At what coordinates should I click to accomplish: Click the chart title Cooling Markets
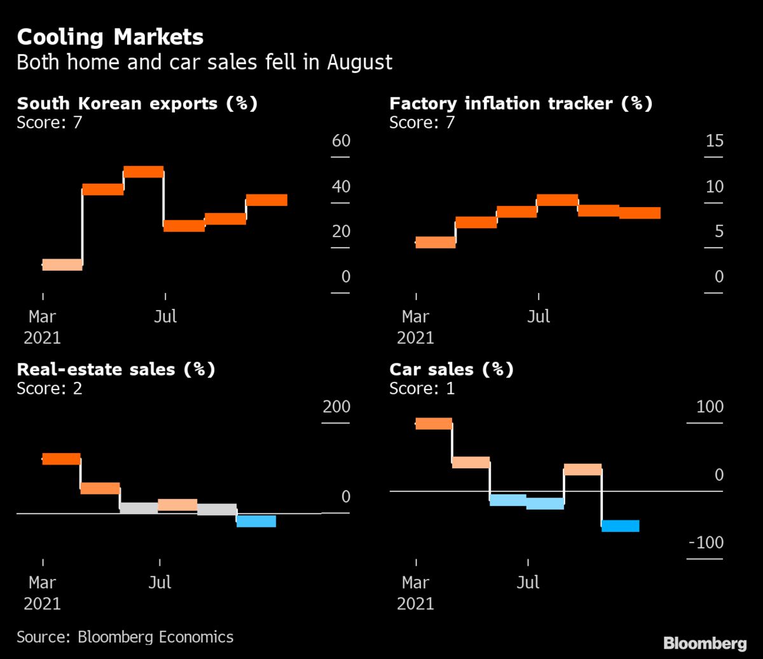coord(110,37)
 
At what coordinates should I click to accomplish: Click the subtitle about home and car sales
coord(204,62)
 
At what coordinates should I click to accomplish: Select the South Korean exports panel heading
coord(137,104)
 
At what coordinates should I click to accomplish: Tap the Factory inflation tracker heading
coord(521,104)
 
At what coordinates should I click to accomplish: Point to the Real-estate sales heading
coord(116,369)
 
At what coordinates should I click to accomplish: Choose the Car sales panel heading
coord(451,369)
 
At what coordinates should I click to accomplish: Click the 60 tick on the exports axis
coord(341,140)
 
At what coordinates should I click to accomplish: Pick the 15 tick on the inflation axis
coord(714,140)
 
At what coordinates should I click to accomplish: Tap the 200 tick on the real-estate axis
coord(336,407)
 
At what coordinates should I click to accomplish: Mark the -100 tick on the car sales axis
coord(706,543)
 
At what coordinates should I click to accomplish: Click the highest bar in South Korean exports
coord(143,172)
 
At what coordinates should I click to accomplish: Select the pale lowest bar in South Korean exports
coord(62,265)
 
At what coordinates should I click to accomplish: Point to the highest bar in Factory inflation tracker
coord(557,200)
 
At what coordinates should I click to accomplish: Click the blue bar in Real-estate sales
coord(256,521)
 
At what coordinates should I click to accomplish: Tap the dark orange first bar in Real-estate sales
coord(61,459)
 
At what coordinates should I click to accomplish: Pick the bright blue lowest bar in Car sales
coord(620,526)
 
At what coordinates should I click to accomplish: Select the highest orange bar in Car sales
coord(434,424)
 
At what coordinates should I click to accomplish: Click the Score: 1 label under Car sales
coord(422,388)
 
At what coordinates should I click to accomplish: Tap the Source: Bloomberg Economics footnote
coord(125,637)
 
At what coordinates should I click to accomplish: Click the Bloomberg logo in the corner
coord(705,643)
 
